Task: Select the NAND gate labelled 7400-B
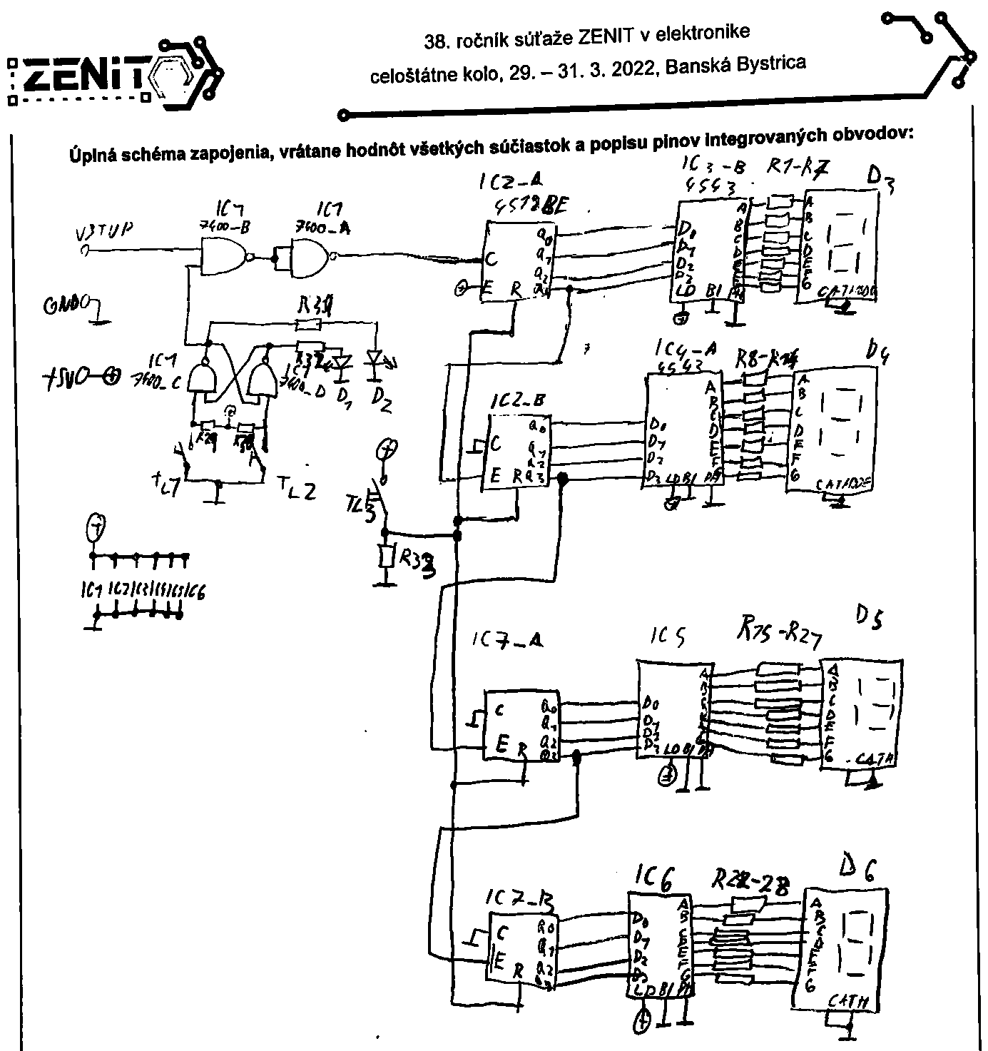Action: tap(223, 255)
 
